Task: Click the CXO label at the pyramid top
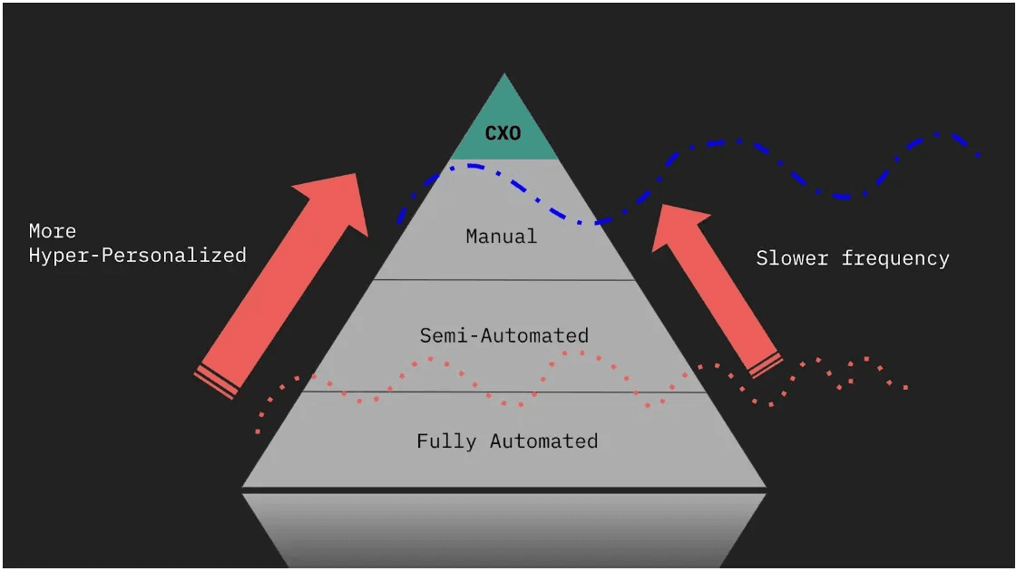point(503,133)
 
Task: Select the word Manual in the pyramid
point(502,237)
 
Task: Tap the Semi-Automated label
point(503,335)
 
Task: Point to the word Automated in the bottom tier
point(543,441)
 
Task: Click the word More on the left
point(53,231)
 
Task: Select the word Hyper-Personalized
point(137,256)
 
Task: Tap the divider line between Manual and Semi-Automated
point(503,280)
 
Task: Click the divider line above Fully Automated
point(503,392)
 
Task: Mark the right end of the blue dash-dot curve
point(979,154)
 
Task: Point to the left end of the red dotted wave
point(259,431)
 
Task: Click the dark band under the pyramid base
point(503,490)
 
